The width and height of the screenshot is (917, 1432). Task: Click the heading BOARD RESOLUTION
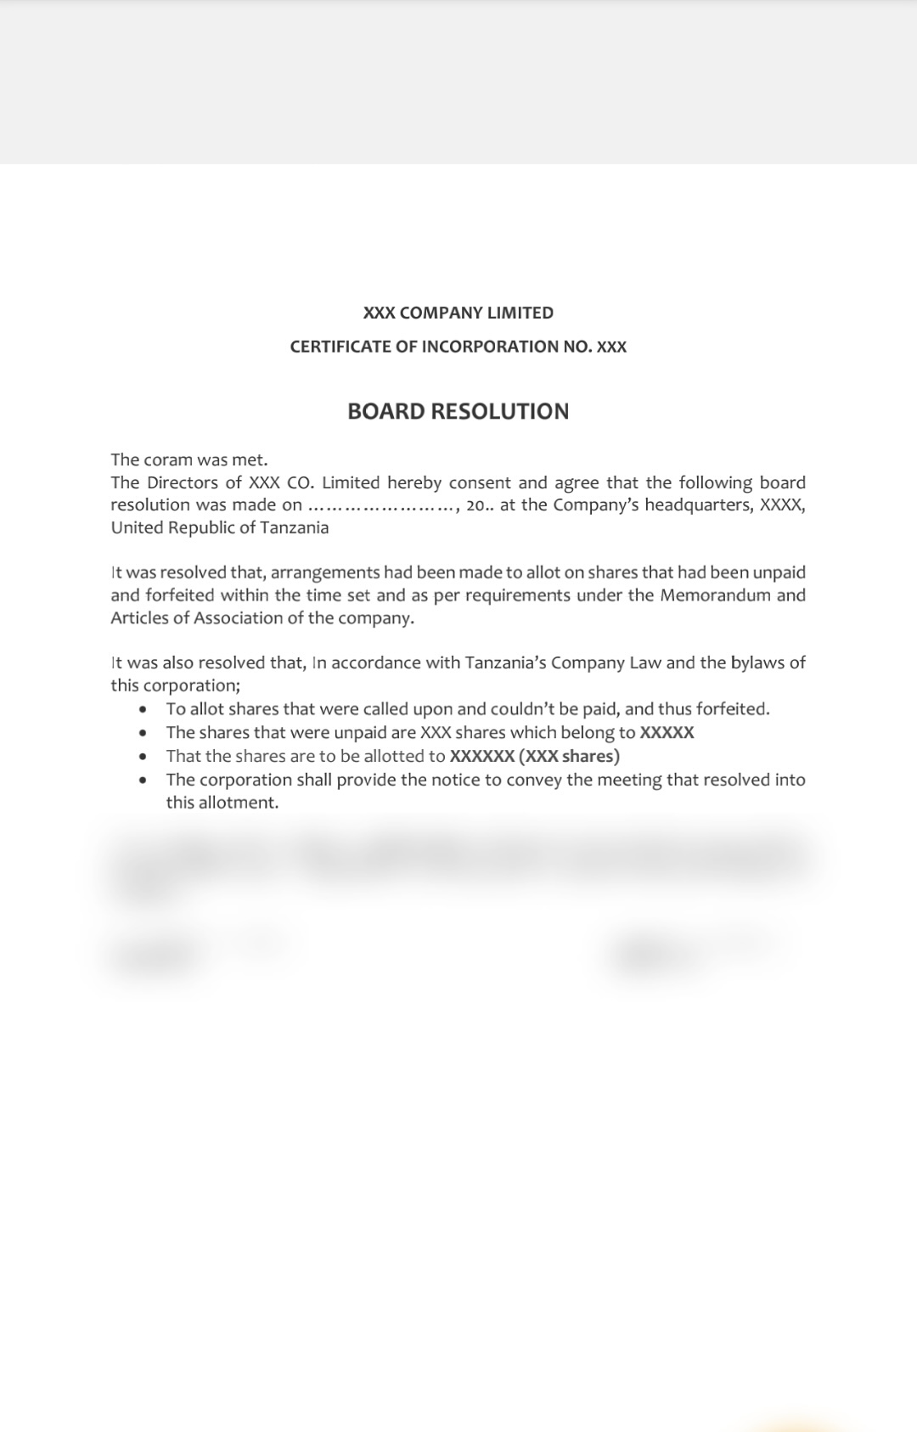point(458,411)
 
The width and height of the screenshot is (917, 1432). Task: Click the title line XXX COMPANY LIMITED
point(458,313)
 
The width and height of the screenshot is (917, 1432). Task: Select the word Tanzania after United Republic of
point(294,527)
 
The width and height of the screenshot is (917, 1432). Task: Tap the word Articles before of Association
point(139,617)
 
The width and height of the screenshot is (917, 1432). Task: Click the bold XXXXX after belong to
point(667,732)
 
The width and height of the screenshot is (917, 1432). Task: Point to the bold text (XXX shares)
point(569,756)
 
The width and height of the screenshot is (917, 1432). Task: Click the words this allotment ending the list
point(222,803)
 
